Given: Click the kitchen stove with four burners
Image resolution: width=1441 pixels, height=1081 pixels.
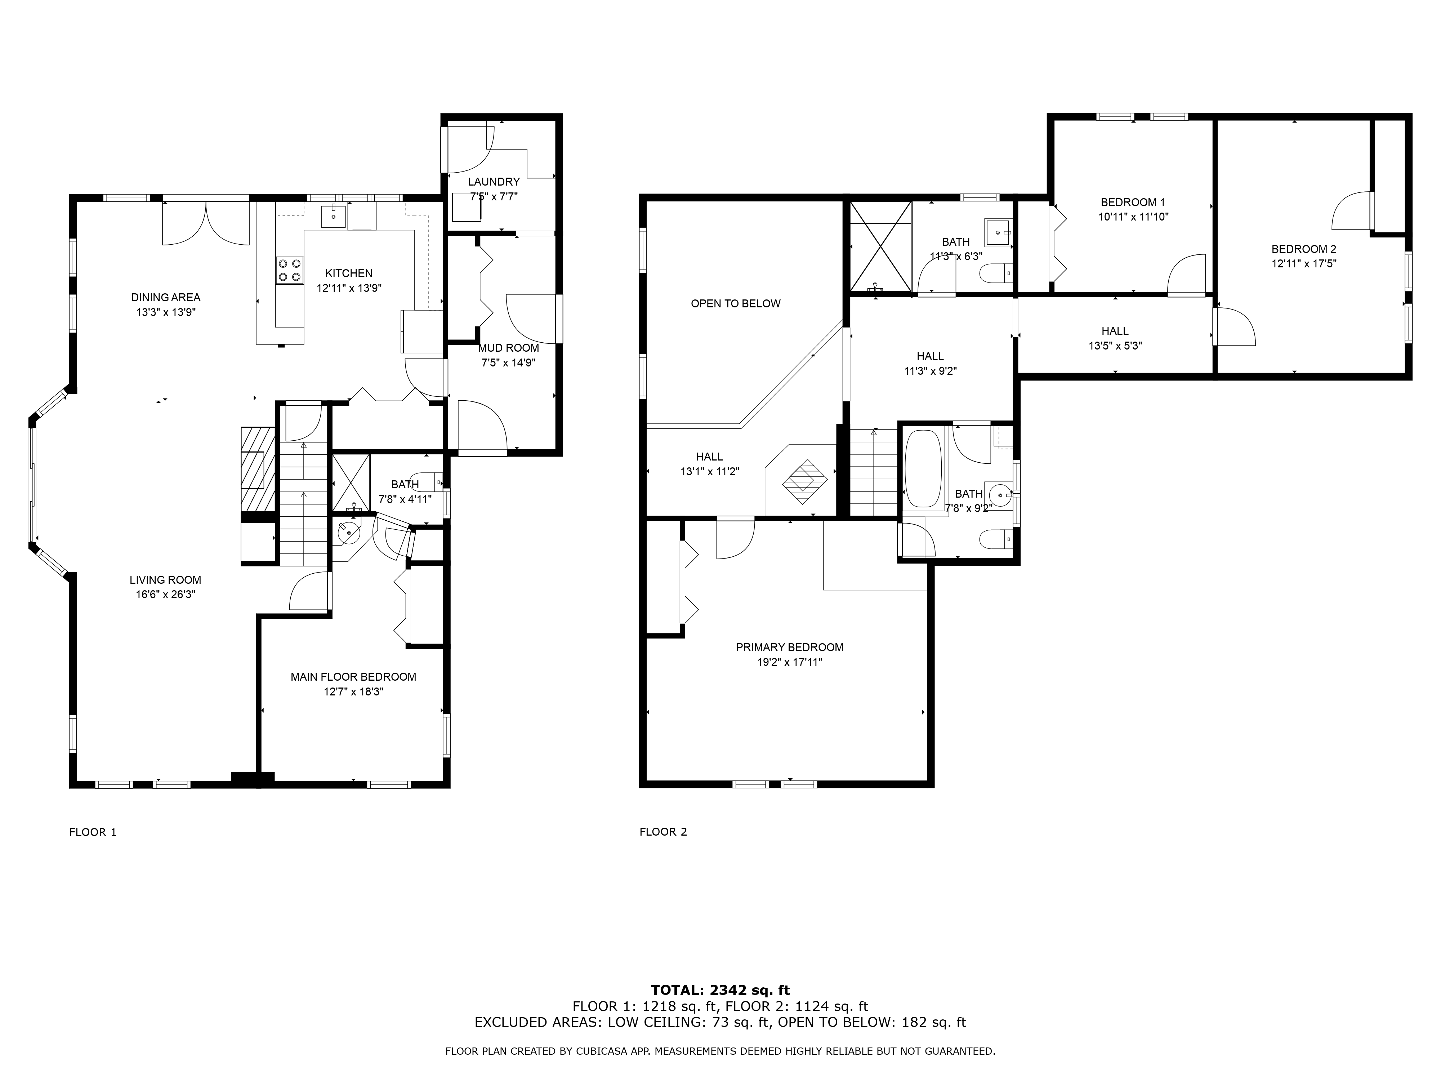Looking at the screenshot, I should tap(289, 270).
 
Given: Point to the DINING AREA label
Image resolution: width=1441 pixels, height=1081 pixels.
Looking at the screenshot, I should tap(165, 297).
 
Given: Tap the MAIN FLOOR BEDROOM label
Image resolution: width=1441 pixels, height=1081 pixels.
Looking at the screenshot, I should tap(353, 677).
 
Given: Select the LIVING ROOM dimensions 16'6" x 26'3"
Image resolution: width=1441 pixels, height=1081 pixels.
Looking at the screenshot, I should tap(165, 594).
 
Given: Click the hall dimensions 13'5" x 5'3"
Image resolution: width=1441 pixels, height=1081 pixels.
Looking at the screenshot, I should tap(1115, 346).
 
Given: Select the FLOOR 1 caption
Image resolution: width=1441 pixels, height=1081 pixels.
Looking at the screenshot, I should tap(93, 832).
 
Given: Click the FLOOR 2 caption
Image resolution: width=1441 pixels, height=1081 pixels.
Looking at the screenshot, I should tap(662, 832).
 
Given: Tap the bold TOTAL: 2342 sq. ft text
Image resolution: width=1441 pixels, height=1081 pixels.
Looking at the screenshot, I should tap(720, 991).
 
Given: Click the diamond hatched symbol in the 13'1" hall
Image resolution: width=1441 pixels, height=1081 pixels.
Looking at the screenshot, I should tap(805, 482).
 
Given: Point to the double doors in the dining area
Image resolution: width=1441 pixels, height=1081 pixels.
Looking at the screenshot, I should tap(206, 223).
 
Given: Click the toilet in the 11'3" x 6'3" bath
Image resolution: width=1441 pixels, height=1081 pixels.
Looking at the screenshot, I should tap(997, 273).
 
